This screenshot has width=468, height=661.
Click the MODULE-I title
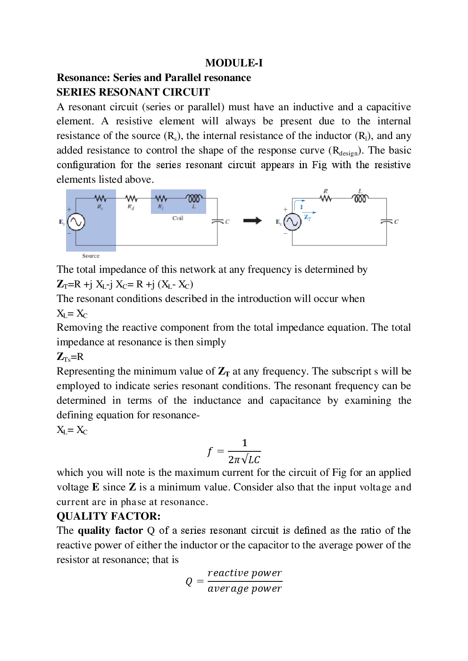pyautogui.click(x=234, y=63)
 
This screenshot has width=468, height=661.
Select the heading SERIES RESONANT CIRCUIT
pyautogui.click(x=133, y=92)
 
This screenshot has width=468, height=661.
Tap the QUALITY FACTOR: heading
pyautogui.click(x=109, y=516)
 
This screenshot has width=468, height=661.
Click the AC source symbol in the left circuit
pyautogui.click(x=76, y=221)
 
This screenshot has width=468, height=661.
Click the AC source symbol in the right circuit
pyautogui.click(x=292, y=221)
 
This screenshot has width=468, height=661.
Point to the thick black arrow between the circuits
pyautogui.click(x=252, y=220)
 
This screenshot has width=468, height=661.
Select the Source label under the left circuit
pyautogui.click(x=91, y=256)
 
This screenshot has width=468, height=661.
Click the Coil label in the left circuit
pyautogui.click(x=177, y=218)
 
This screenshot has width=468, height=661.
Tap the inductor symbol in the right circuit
pyautogui.click(x=360, y=198)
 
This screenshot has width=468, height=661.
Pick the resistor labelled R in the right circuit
pyautogui.click(x=326, y=198)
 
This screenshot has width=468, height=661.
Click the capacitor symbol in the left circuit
pyautogui.click(x=217, y=221)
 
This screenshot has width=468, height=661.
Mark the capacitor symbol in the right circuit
pyautogui.click(x=386, y=221)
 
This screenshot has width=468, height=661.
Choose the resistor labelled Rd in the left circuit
pyautogui.click(x=131, y=199)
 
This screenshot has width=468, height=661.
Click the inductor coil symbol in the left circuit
pyautogui.click(x=194, y=198)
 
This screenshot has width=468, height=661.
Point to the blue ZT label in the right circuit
pyautogui.click(x=308, y=217)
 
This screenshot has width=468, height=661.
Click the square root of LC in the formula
pyautogui.click(x=250, y=459)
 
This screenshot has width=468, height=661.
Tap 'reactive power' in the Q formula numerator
pyautogui.click(x=244, y=573)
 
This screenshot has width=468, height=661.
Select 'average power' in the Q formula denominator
pyautogui.click(x=244, y=588)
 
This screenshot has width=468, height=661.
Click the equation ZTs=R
pyautogui.click(x=70, y=357)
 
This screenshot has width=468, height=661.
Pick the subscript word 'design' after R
pyautogui.click(x=349, y=153)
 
